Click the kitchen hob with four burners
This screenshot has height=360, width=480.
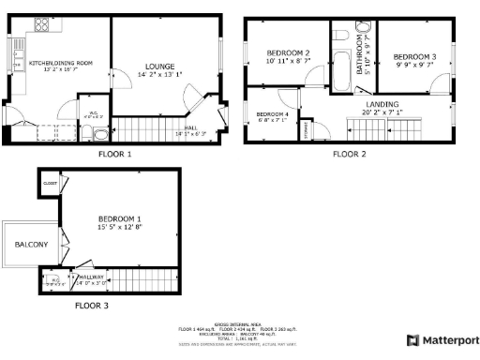[43, 25]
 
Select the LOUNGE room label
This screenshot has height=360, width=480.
[159, 66]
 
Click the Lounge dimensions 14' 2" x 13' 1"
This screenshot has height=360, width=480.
[159, 74]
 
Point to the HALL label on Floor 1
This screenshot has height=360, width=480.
[191, 128]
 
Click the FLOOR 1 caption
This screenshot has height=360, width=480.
[115, 153]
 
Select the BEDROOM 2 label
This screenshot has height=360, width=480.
[287, 52]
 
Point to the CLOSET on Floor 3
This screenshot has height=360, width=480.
[49, 184]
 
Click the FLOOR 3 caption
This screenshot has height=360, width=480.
[92, 306]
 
